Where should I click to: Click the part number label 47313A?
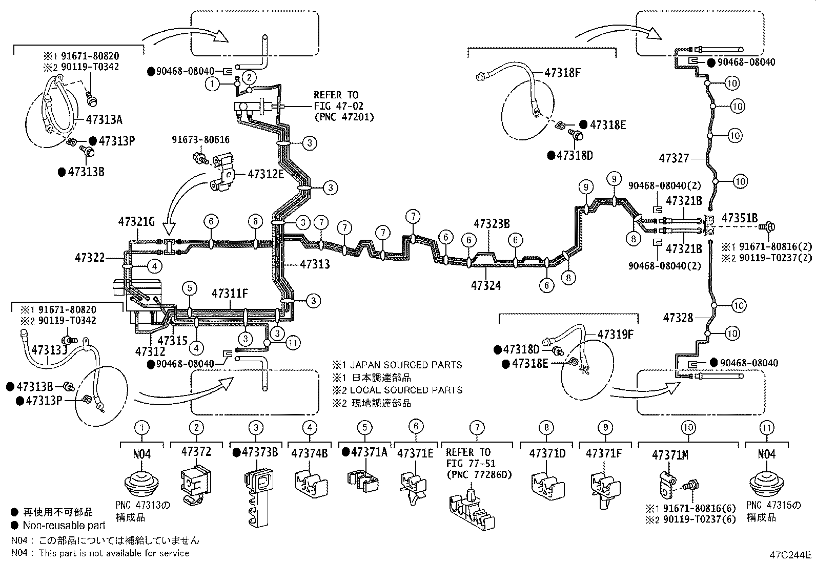click(105, 120)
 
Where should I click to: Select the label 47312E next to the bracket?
click(266, 174)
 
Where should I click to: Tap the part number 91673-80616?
click(200, 139)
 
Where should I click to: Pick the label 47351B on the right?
click(739, 218)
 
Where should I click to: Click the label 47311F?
click(230, 294)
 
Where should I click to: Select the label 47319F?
click(615, 335)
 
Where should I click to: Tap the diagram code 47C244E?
click(789, 555)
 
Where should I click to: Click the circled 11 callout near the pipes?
click(293, 343)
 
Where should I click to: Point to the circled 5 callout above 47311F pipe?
click(190, 288)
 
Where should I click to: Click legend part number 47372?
click(196, 451)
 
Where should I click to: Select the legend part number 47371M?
click(669, 454)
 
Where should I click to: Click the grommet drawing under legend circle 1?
click(142, 484)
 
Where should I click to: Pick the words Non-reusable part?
click(64, 525)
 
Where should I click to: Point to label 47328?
click(678, 318)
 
